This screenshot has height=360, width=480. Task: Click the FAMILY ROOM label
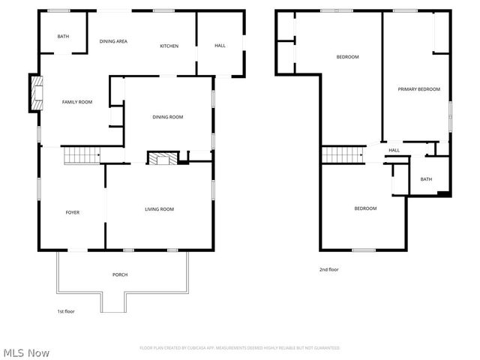pos(76,102)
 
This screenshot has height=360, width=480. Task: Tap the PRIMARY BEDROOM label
pos(418,89)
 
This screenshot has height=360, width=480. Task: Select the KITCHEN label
pos(169,46)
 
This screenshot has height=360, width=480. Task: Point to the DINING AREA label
pos(113,41)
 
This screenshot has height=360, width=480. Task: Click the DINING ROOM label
pos(168,117)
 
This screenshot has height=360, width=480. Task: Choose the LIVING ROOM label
pos(159,209)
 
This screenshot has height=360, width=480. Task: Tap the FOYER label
pos(72,212)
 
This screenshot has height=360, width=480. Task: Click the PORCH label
pos(120,275)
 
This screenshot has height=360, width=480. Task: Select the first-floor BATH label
pos(63,36)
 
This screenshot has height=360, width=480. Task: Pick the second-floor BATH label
pos(426,179)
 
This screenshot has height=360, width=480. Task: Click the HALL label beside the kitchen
pos(220,46)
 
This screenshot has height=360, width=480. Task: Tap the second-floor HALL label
pos(394,151)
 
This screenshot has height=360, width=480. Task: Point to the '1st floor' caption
pos(66,311)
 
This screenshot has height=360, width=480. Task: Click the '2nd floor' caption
pos(329,269)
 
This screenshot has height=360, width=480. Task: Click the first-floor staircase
pos(81,155)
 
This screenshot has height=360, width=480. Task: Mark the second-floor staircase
pos(342,154)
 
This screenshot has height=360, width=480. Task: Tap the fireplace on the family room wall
pos(34,92)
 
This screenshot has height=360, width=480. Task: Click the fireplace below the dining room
pos(163,158)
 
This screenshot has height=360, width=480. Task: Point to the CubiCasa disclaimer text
pos(240,348)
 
